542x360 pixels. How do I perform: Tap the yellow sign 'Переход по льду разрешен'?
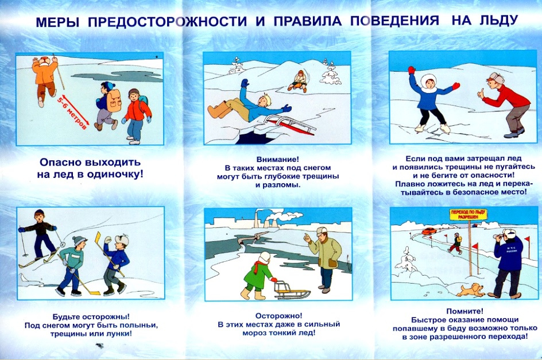coord(468,214)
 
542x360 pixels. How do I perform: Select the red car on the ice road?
coord(429,231)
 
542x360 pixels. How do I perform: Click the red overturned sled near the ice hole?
coord(290,125)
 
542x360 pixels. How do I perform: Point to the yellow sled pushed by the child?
coord(292,290)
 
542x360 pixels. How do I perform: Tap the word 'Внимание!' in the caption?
coord(277,160)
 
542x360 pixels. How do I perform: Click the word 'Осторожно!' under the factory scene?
coord(278,316)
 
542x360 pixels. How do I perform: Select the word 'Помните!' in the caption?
coord(465,311)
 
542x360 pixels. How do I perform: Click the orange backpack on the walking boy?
coord(114,100)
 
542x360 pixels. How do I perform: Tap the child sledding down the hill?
coord(299,82)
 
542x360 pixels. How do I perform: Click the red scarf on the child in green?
coord(258,266)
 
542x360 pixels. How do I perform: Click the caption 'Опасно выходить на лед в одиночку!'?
coord(90,168)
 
